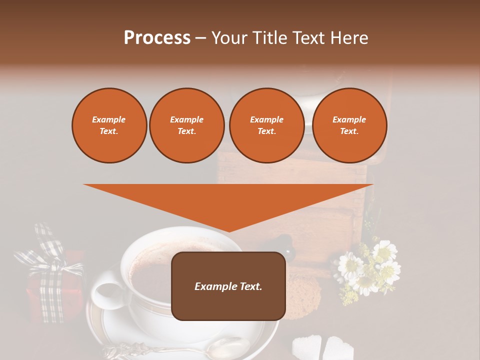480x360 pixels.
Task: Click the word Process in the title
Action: point(157,37)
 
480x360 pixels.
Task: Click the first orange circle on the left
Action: point(109,125)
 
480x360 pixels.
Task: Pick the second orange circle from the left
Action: point(186,125)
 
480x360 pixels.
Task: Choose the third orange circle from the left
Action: point(266,125)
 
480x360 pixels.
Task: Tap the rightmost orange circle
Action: point(349,125)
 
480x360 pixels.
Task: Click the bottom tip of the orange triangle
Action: point(229,230)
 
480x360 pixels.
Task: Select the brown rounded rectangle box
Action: point(228,286)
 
